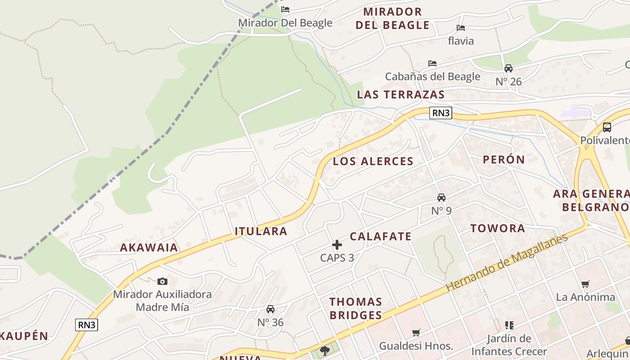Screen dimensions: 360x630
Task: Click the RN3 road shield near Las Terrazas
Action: pyautogui.click(x=441, y=113)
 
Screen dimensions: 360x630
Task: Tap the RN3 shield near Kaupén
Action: pyautogui.click(x=86, y=325)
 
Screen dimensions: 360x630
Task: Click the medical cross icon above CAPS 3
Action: pyautogui.click(x=337, y=245)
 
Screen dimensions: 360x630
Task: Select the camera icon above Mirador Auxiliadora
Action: pyautogui.click(x=162, y=282)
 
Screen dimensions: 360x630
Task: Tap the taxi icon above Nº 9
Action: pyautogui.click(x=441, y=198)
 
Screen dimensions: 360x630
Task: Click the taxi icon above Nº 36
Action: pyautogui.click(x=270, y=309)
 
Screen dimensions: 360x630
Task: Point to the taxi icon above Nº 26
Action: pyautogui.click(x=508, y=68)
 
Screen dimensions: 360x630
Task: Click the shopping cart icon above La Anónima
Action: pyautogui.click(x=585, y=284)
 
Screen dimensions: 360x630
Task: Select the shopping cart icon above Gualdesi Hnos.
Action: pyautogui.click(x=416, y=333)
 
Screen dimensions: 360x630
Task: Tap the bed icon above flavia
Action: pyautogui.click(x=461, y=28)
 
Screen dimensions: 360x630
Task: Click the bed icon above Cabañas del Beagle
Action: pyautogui.click(x=432, y=63)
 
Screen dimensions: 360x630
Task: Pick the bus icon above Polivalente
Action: pyautogui.click(x=607, y=127)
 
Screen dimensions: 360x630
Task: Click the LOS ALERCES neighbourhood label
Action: pyautogui.click(x=373, y=161)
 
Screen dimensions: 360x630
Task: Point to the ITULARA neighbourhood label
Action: pyautogui.click(x=261, y=231)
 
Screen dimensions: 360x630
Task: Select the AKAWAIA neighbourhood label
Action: pyautogui.click(x=149, y=247)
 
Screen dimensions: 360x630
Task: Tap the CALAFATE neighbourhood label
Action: pyautogui.click(x=381, y=236)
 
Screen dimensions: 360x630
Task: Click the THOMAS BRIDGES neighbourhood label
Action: pyautogui.click(x=356, y=308)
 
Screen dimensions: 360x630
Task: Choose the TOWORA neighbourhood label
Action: pyautogui.click(x=498, y=228)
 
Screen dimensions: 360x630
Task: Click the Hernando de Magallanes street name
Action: pyautogui.click(x=507, y=263)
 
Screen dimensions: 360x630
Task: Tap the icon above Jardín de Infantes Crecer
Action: pyautogui.click(x=509, y=325)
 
